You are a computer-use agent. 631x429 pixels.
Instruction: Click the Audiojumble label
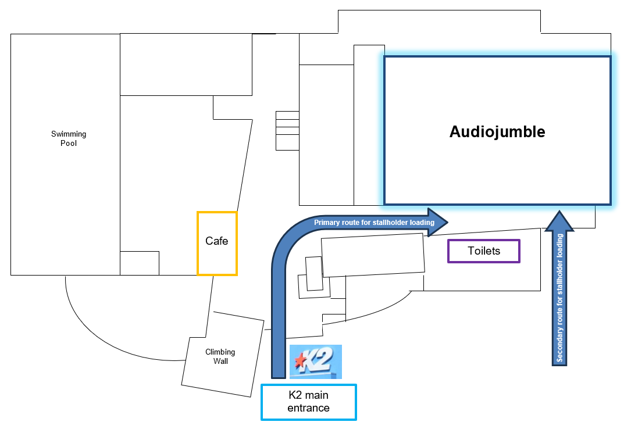(x=497, y=132)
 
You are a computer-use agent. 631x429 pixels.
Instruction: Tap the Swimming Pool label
(x=69, y=138)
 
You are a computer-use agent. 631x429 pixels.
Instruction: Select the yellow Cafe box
(x=217, y=243)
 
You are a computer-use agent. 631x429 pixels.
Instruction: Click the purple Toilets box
(x=483, y=251)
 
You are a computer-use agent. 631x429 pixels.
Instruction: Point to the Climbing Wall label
(x=220, y=356)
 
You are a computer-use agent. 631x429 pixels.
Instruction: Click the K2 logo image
(x=315, y=362)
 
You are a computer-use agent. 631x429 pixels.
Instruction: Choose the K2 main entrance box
(x=308, y=402)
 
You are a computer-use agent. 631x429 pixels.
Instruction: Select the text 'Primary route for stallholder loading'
(x=374, y=223)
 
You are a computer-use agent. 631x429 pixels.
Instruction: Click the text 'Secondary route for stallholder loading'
(x=559, y=298)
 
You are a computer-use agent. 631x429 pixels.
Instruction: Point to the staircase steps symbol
(x=287, y=130)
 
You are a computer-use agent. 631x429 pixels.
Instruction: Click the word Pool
(x=69, y=143)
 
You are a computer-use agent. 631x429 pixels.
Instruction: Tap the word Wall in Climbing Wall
(x=220, y=361)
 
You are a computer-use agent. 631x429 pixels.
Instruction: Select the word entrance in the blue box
(x=308, y=408)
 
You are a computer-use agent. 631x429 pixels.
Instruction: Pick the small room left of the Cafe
(x=140, y=263)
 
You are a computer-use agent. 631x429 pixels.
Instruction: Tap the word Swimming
(x=69, y=134)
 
